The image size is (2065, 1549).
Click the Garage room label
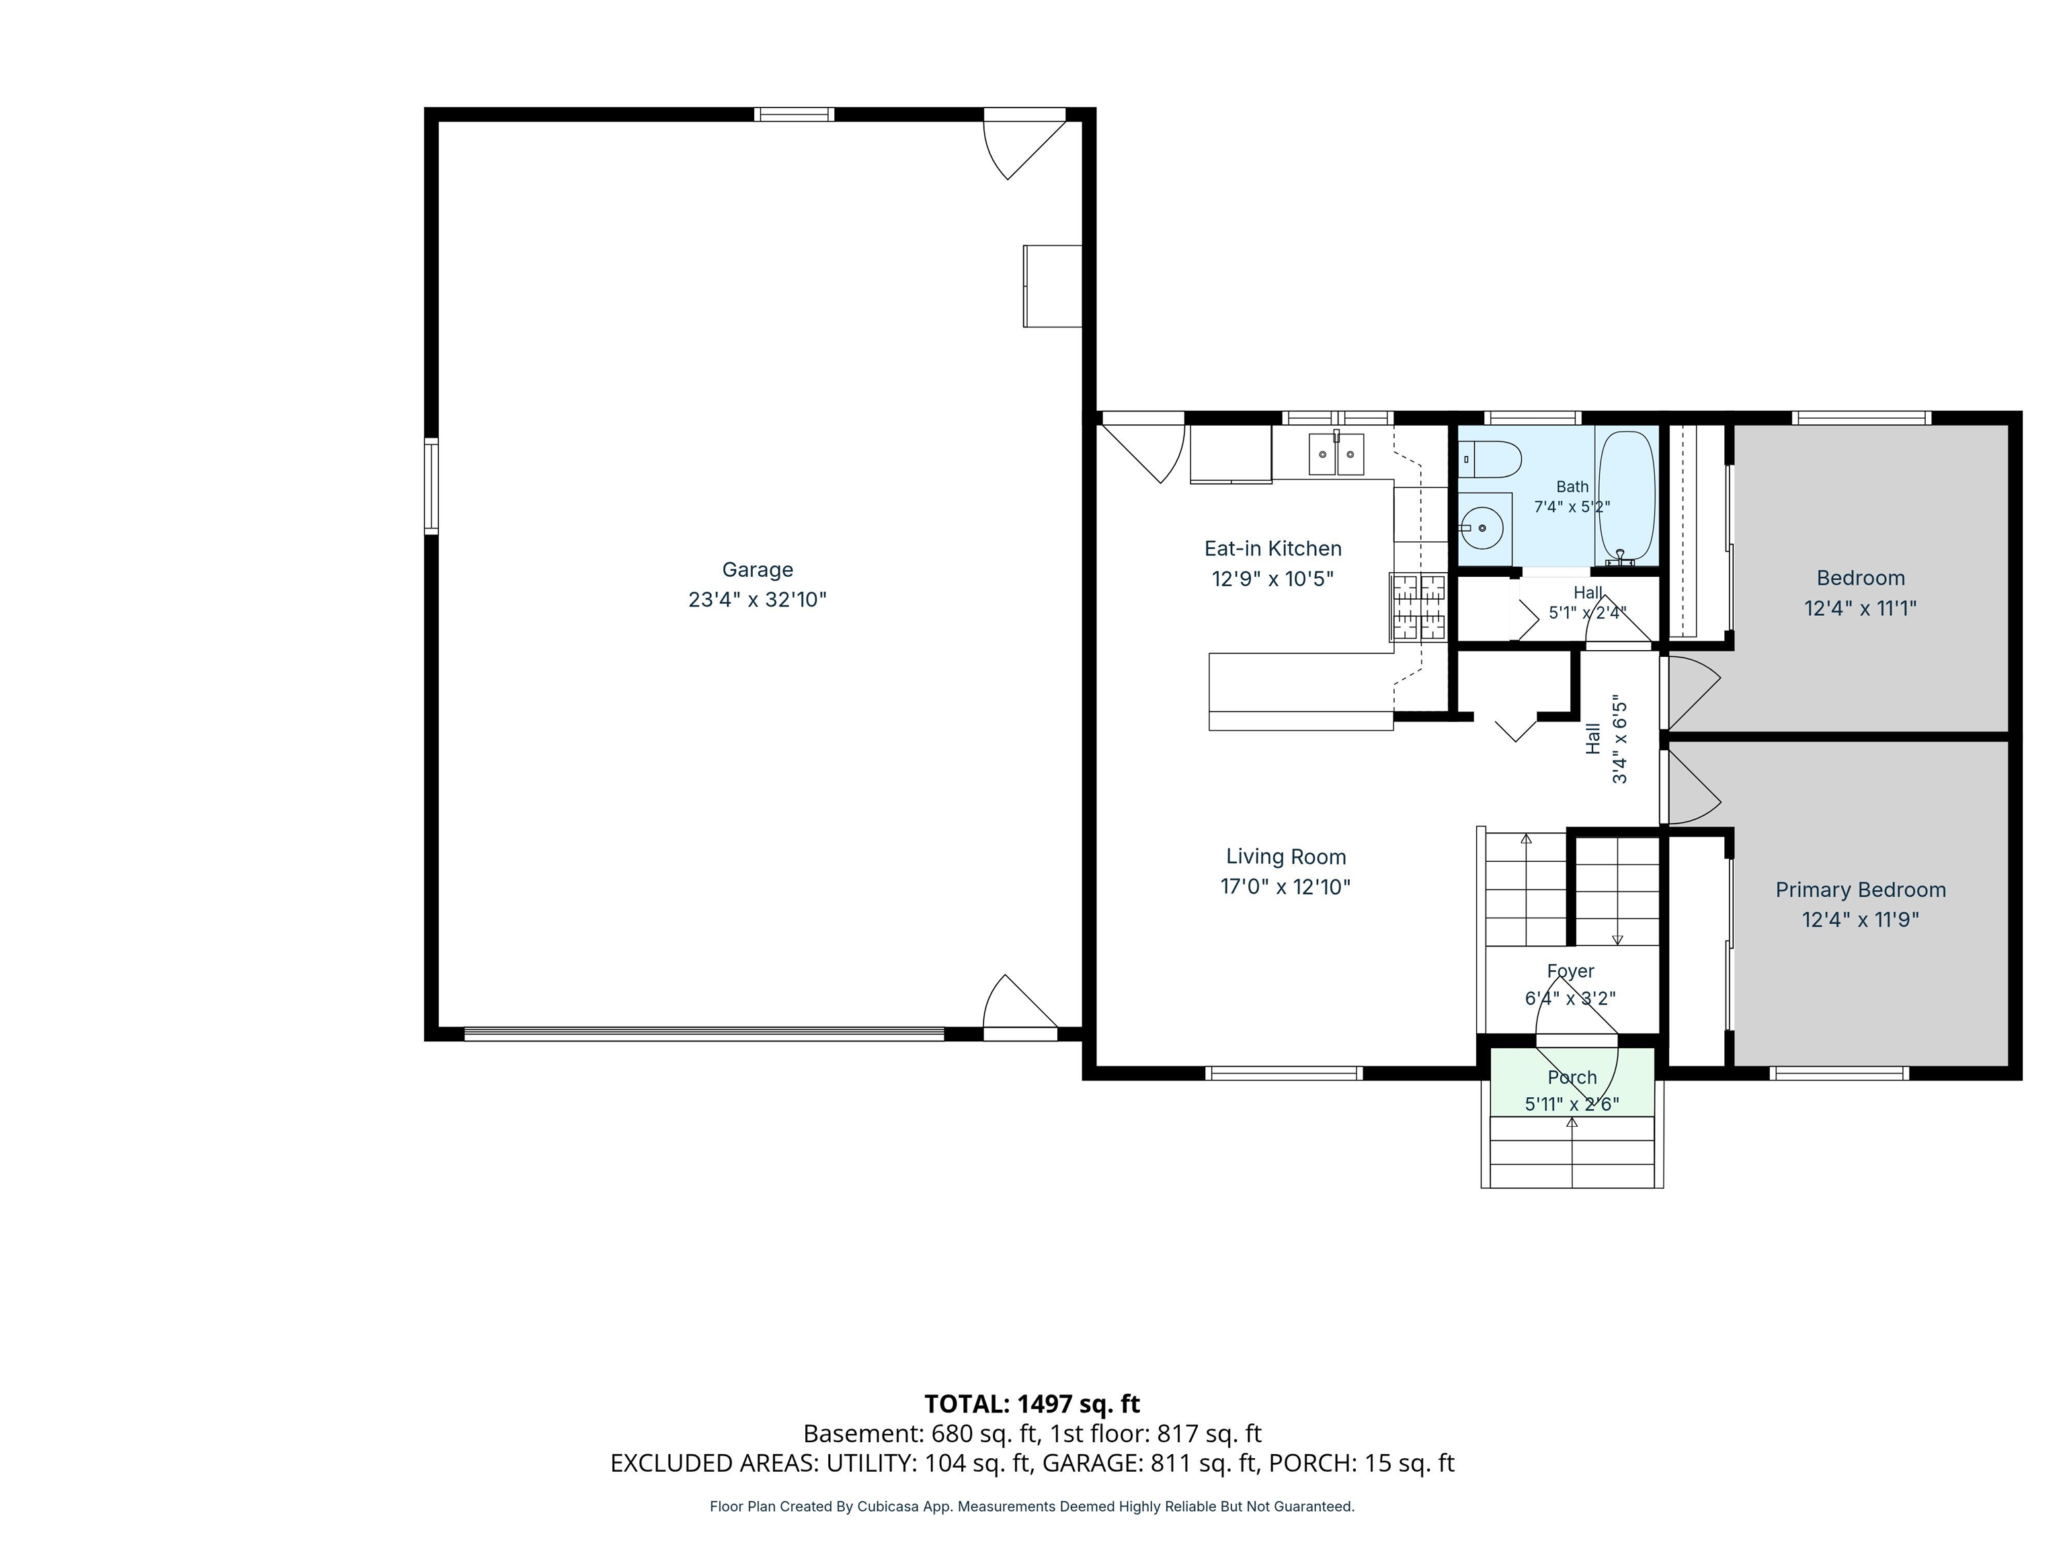[x=757, y=569]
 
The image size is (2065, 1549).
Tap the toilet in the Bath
[x=1490, y=459]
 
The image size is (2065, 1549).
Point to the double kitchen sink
[x=1336, y=454]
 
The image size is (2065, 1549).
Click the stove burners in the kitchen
[x=1418, y=608]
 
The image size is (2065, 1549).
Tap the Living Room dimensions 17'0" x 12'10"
[x=1285, y=886]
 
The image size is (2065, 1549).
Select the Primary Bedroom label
[x=1861, y=890]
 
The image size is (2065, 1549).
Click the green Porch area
[x=1572, y=1081]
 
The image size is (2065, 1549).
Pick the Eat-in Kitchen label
[x=1272, y=548]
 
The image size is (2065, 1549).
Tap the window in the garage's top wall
[x=795, y=115]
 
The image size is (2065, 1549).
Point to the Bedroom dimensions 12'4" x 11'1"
[x=1861, y=608]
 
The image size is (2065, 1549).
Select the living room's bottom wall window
[x=1285, y=1074]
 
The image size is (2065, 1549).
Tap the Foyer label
[x=1570, y=971]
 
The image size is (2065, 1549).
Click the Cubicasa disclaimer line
[x=1032, y=1506]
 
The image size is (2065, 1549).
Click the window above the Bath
[x=1533, y=418]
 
